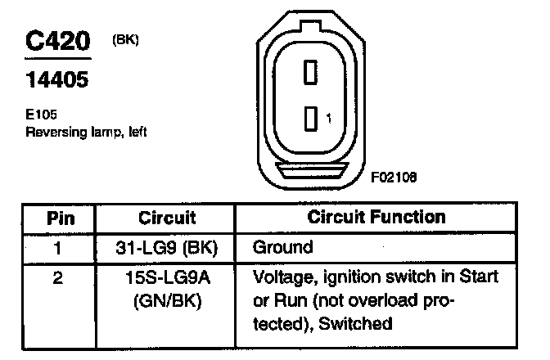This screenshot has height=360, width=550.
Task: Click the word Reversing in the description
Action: coord(54,131)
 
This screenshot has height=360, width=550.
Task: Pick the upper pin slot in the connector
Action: coord(310,72)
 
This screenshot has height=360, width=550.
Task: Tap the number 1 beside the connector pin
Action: coord(328,119)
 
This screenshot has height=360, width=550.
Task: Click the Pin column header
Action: coord(57,218)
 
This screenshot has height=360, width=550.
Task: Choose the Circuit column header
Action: coord(166,218)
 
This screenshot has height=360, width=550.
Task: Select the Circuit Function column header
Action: coord(376,218)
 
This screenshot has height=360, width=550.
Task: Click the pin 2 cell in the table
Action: coord(57,278)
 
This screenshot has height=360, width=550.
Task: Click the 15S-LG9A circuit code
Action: coord(166,278)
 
